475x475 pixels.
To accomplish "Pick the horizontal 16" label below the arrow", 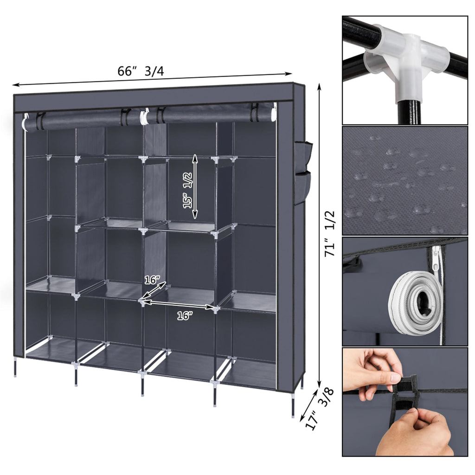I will [x=184, y=316].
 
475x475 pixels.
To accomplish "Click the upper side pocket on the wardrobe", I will [x=305, y=155].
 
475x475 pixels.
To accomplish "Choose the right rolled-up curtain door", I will [x=209, y=114].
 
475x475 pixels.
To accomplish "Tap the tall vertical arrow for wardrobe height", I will [x=320, y=237].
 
